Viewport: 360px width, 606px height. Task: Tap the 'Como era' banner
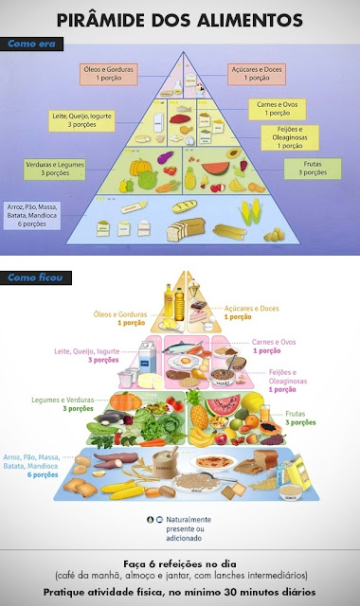click(x=28, y=43)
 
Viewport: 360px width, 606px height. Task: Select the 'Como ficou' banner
click(x=30, y=277)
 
